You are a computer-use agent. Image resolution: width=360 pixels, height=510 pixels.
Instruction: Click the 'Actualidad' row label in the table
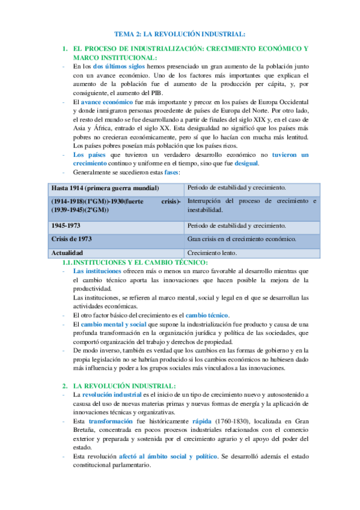67,253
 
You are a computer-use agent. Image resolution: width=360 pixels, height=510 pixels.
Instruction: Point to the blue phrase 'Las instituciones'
97,271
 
